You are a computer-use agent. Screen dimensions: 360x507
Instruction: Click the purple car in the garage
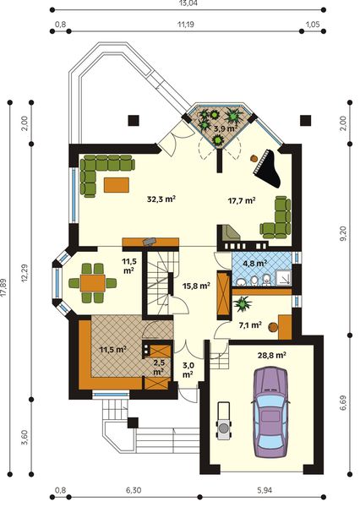[270, 412]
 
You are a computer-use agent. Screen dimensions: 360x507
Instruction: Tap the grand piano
[268, 169]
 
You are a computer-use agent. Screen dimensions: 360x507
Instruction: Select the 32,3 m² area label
[161, 199]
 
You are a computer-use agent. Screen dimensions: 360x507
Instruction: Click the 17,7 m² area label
[242, 200]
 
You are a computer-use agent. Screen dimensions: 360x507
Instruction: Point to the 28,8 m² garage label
[271, 356]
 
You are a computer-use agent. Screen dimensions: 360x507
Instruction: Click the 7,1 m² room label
[250, 325]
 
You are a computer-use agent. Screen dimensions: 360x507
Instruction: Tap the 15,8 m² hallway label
[196, 286]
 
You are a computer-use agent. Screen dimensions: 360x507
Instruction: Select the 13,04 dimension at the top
[188, 3]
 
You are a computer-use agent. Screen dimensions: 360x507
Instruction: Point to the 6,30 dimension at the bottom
[134, 490]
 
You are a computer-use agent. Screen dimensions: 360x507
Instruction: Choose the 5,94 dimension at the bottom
[265, 490]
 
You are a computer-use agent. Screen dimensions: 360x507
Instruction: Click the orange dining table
[93, 283]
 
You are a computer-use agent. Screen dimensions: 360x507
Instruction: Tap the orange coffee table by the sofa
[117, 185]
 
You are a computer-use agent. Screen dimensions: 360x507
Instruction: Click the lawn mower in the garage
[223, 421]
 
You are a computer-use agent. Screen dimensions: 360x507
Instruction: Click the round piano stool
[254, 159]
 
